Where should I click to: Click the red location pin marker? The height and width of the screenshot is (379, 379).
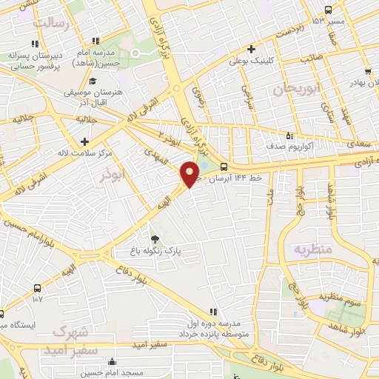click(x=190, y=173)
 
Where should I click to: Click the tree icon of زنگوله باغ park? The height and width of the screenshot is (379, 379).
click(x=155, y=238)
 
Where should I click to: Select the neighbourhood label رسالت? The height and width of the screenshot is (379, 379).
click(x=52, y=24)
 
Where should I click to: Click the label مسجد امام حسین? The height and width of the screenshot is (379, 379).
click(x=111, y=374)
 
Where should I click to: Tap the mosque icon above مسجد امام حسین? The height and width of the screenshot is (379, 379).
click(x=111, y=363)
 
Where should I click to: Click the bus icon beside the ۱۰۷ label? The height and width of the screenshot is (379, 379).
click(x=37, y=288)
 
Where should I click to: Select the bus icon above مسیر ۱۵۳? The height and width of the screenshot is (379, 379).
click(x=328, y=10)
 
